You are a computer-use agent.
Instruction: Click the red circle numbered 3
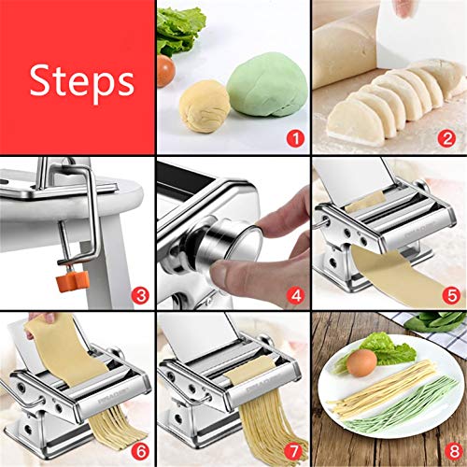(x=140, y=297)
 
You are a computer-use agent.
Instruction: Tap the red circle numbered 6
(x=140, y=451)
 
